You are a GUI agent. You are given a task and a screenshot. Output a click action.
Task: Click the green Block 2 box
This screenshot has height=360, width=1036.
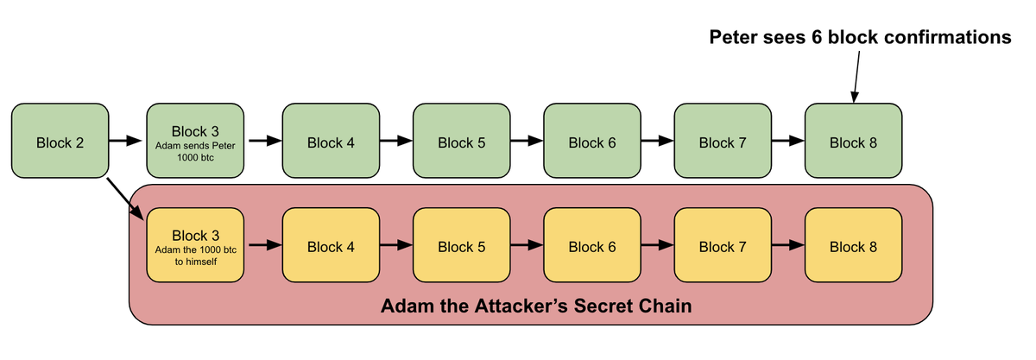(60, 142)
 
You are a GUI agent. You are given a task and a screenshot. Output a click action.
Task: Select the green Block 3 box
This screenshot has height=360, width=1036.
(195, 142)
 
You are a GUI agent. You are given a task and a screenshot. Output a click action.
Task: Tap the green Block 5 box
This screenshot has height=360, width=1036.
(461, 142)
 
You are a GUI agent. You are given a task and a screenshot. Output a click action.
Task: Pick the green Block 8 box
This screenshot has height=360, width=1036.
(853, 142)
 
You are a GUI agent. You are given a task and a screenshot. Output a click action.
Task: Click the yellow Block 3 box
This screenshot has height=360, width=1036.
(195, 246)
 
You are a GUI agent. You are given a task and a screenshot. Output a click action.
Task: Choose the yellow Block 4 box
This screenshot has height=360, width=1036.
(331, 246)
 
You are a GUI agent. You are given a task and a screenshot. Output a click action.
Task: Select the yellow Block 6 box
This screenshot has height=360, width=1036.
(591, 246)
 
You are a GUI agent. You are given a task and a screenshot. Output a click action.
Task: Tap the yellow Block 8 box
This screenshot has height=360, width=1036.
(853, 246)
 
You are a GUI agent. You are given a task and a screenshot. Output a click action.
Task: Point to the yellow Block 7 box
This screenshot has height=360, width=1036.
(722, 246)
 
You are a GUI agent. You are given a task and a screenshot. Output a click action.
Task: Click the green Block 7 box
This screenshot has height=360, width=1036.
(722, 142)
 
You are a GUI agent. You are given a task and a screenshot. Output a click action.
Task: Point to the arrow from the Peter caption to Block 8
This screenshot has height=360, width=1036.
(857, 78)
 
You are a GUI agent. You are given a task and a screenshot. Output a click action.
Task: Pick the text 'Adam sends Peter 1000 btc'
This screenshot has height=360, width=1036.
(195, 151)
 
